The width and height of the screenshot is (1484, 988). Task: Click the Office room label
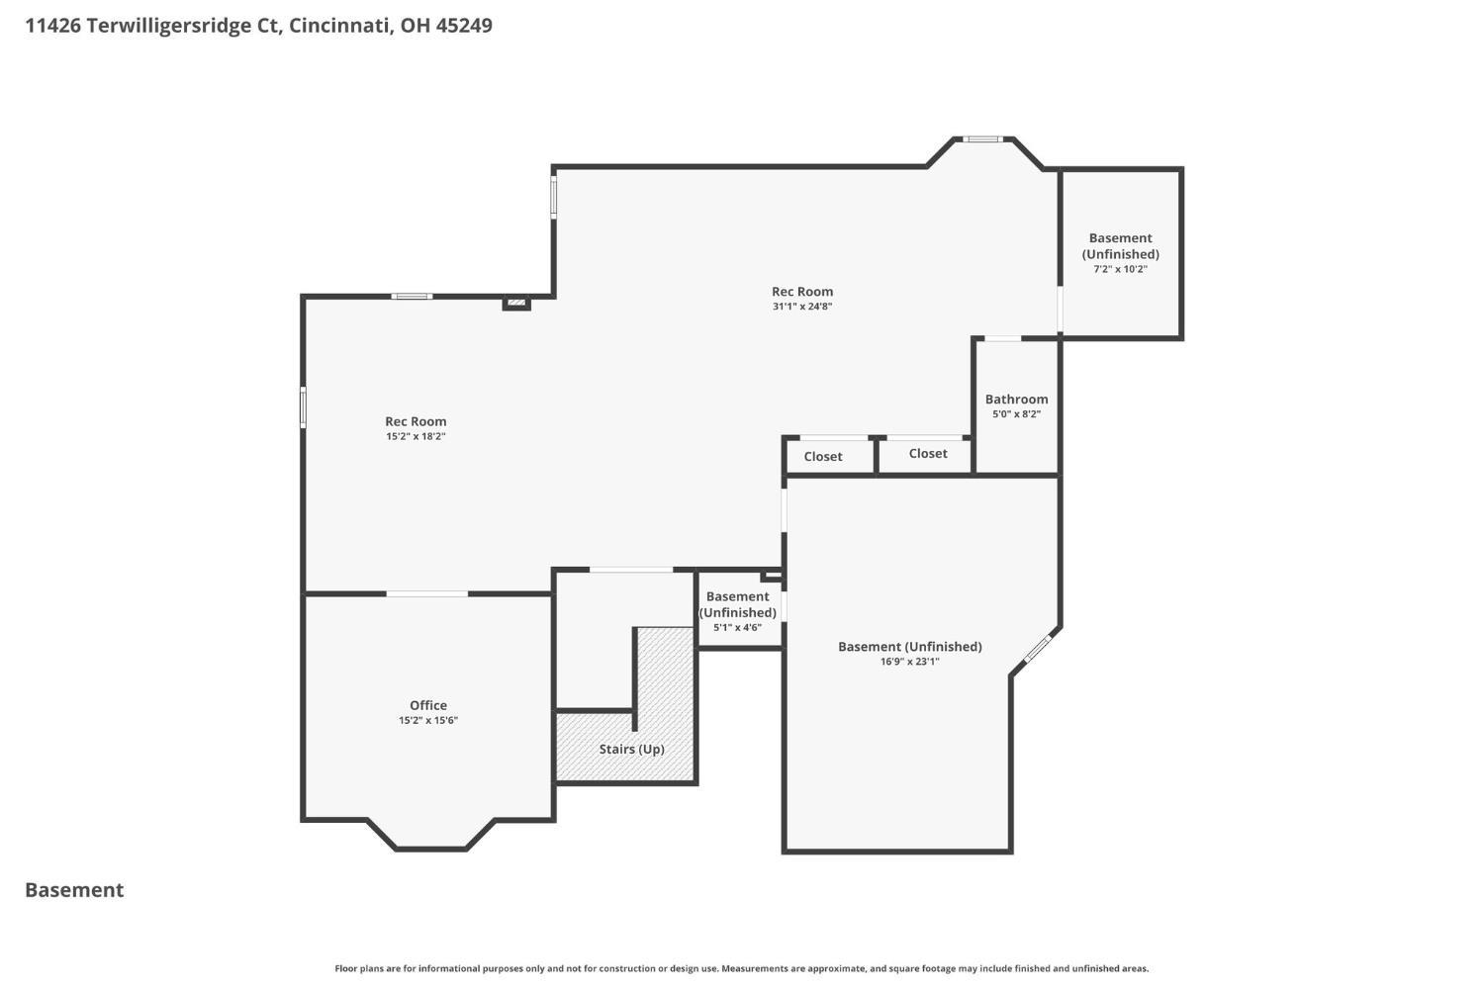point(428,705)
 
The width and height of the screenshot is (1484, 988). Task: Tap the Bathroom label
point(1016,400)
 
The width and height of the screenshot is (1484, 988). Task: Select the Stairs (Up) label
point(631,749)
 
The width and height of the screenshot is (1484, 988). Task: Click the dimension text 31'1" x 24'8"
point(802,306)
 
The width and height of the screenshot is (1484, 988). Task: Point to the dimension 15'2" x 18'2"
point(416,436)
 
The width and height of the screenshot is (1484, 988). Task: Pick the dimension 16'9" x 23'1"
point(909,661)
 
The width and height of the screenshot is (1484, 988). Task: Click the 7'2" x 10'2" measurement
point(1120,269)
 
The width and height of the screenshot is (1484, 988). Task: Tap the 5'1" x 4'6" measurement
point(737,627)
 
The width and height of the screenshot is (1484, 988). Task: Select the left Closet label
point(823,456)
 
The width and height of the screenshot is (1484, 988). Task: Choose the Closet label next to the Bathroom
point(928,454)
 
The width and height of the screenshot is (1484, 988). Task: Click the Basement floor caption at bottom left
point(74,890)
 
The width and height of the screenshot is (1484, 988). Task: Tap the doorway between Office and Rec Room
point(427,594)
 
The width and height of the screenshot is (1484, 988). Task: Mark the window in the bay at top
point(982,139)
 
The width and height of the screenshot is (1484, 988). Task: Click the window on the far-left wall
point(304,407)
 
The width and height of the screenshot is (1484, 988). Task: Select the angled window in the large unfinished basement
point(1038,649)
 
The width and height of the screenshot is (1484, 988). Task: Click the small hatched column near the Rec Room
point(516,304)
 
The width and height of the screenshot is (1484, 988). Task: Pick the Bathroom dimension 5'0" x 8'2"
point(1016,413)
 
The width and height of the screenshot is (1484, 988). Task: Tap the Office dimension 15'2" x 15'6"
point(428,720)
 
